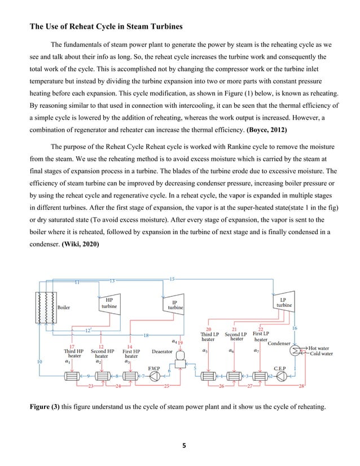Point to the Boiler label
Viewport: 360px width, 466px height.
point(64,307)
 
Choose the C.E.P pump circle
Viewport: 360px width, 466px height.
point(280,376)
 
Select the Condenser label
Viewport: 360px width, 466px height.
point(279,343)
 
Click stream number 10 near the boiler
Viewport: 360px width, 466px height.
point(39,362)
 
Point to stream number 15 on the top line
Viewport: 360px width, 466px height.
point(172,279)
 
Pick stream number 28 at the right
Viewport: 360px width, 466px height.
point(302,386)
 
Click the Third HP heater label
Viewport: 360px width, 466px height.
point(73,354)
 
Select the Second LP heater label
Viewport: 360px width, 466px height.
point(236,336)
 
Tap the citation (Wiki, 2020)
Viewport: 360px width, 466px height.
point(87,245)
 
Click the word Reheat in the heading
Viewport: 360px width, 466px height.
point(76,25)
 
